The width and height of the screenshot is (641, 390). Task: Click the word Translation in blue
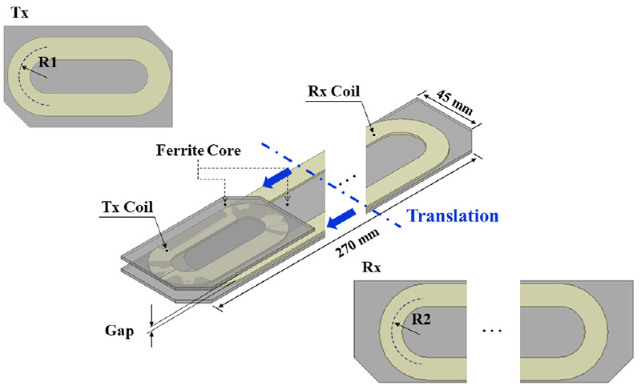[454, 215]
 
